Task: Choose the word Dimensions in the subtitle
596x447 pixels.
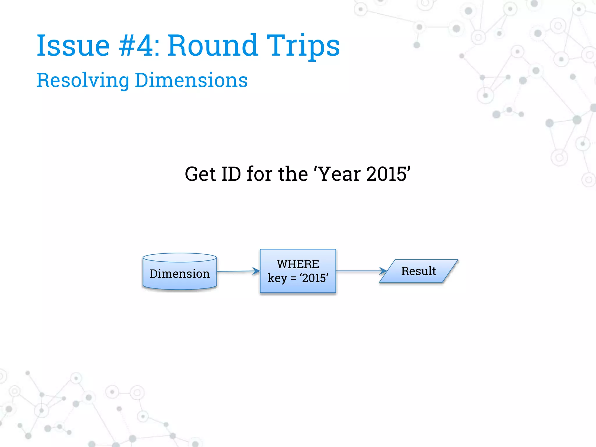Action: (x=191, y=80)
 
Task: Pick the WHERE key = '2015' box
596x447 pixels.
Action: (x=298, y=271)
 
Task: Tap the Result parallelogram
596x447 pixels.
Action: (x=418, y=271)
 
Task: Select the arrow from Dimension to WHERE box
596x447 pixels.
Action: (x=238, y=271)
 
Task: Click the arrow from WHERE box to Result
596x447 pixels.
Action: (x=361, y=271)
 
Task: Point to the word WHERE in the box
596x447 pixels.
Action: (x=298, y=264)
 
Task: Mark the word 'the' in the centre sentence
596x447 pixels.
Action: (x=293, y=174)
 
